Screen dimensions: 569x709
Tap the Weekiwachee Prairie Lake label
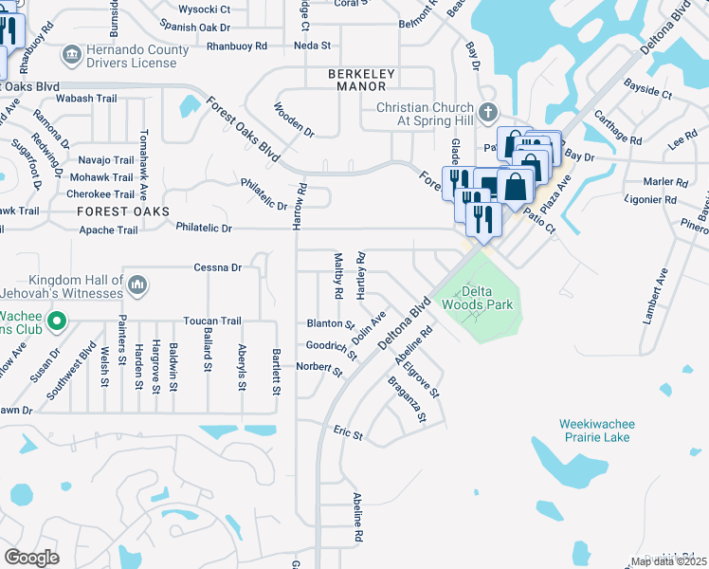[596, 431]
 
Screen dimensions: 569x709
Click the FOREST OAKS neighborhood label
[123, 211]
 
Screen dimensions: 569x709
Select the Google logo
[32, 558]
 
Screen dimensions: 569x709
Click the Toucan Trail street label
[214, 321]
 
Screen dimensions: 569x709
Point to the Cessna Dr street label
[217, 267]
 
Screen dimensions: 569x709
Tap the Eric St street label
[348, 433]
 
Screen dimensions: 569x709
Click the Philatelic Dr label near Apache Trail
[204, 228]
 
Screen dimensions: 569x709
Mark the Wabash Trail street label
[86, 98]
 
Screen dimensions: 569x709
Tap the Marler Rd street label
[664, 182]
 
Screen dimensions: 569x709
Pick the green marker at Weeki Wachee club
[56, 321]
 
